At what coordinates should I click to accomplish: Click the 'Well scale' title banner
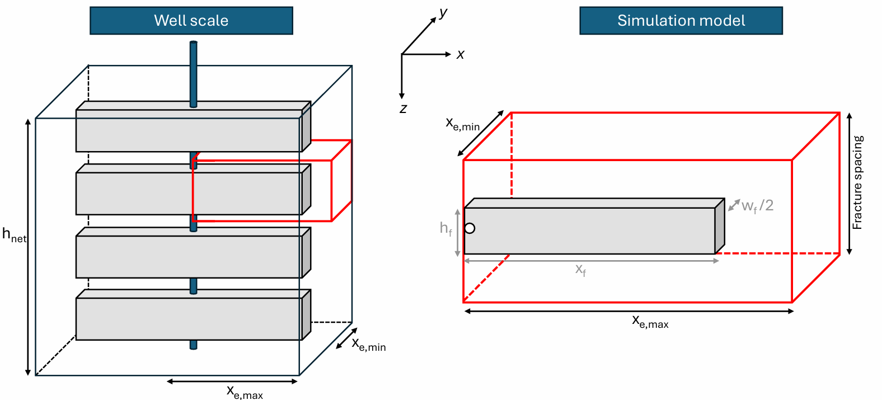pyautogui.click(x=191, y=21)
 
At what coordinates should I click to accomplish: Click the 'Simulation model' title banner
pyautogui.click(x=681, y=21)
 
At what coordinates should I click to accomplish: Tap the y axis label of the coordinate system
pyautogui.click(x=443, y=12)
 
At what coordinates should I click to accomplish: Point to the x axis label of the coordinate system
pyautogui.click(x=460, y=54)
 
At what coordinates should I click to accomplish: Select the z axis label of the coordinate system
pyautogui.click(x=403, y=109)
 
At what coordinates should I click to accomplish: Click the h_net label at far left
pyautogui.click(x=14, y=235)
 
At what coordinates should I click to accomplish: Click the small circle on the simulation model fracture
pyautogui.click(x=470, y=228)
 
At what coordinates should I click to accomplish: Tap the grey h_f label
pyautogui.click(x=445, y=228)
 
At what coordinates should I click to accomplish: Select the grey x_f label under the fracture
pyautogui.click(x=581, y=270)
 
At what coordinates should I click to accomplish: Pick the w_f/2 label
pyautogui.click(x=757, y=206)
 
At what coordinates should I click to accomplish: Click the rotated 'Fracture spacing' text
pyautogui.click(x=857, y=182)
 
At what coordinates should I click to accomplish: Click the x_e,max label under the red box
pyautogui.click(x=650, y=321)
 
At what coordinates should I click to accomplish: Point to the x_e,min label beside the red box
pyautogui.click(x=462, y=124)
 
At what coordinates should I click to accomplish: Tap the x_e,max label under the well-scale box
pyautogui.click(x=245, y=392)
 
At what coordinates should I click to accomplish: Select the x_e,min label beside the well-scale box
pyautogui.click(x=368, y=344)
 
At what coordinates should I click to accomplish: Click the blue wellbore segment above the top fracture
pyautogui.click(x=193, y=73)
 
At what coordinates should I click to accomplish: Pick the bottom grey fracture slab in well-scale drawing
pyautogui.click(x=189, y=318)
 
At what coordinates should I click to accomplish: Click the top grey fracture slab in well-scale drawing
pyautogui.click(x=189, y=130)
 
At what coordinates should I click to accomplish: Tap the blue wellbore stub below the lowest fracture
pyautogui.click(x=193, y=345)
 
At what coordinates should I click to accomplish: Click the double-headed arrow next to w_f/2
pyautogui.click(x=734, y=205)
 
